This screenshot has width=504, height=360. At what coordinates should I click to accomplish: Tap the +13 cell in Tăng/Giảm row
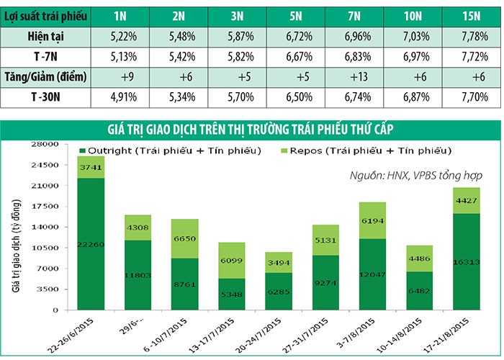[355, 76]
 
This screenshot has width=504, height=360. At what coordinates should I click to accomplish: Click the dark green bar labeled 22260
[90, 244]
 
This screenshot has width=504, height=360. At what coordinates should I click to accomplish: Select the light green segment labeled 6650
[184, 238]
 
